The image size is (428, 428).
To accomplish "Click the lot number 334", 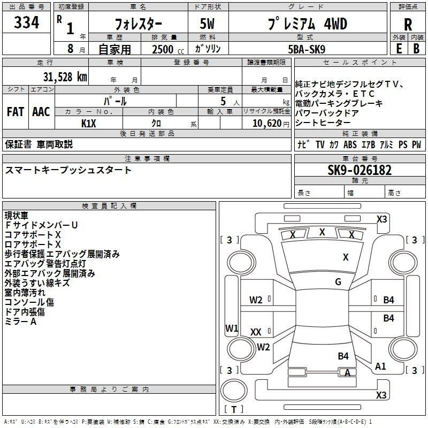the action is [x=26, y=22].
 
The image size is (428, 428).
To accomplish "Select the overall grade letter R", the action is [x=408, y=25].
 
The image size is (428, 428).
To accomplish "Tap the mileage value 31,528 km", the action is [x=65, y=77].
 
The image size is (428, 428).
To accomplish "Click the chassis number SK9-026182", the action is [x=360, y=170].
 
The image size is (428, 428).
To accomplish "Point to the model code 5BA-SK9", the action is [x=307, y=49].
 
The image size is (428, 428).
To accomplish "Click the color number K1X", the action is [x=89, y=124].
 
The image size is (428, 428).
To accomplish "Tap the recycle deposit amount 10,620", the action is [x=266, y=124].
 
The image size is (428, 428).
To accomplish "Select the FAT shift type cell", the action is [x=16, y=112].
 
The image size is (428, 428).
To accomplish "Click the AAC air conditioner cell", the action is [x=41, y=112].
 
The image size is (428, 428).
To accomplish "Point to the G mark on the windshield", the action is [x=338, y=281].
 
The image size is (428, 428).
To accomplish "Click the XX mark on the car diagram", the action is [x=256, y=332].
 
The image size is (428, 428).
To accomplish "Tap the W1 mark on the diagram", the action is [x=232, y=328].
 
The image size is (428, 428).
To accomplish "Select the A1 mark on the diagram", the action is [x=380, y=366].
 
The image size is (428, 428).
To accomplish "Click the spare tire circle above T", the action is [x=234, y=391].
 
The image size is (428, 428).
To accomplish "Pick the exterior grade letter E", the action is [x=399, y=49].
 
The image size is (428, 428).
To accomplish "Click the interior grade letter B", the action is [x=416, y=49].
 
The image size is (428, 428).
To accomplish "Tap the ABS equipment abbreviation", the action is [x=350, y=144].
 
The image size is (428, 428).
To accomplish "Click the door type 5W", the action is [x=207, y=24].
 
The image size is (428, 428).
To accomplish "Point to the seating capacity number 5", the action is [x=223, y=101].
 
